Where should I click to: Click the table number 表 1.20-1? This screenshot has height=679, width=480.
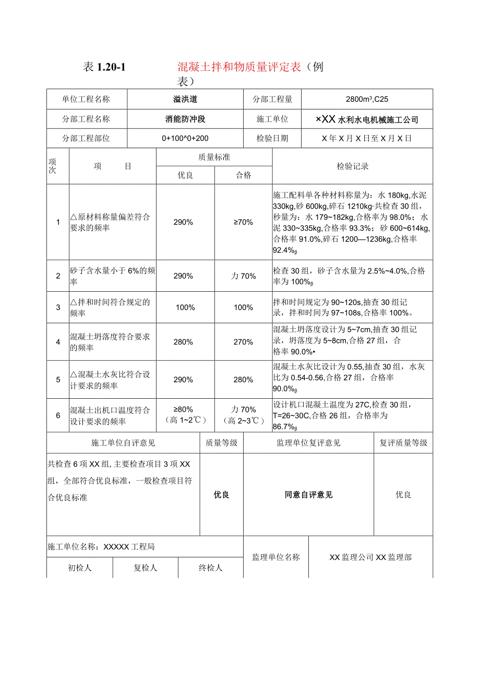tap(105, 67)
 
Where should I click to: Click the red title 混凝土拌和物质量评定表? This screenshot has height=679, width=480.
tap(239, 67)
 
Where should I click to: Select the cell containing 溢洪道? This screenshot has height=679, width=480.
tap(185, 99)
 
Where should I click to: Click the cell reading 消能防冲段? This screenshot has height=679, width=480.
tap(185, 119)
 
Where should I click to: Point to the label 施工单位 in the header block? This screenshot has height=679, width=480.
tap(272, 119)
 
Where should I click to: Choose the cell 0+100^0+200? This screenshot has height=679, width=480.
tap(185, 139)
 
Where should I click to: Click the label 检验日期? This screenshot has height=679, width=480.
tap(272, 139)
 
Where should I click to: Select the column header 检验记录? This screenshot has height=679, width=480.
tap(353, 166)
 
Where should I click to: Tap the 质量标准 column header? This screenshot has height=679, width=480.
tap(214, 157)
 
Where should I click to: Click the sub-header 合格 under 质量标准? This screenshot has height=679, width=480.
tap(243, 175)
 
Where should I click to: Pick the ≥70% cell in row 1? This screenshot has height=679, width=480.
tap(243, 222)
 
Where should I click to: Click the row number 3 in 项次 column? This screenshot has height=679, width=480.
tap(58, 307)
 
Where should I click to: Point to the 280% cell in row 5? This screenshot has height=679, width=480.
tap(243, 379)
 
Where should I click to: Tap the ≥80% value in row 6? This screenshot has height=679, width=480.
tap(185, 409)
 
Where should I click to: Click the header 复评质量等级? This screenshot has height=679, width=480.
tap(403, 443)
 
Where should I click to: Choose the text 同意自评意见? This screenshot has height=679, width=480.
tap(308, 495)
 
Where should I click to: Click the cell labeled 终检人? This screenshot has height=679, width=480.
tap(211, 568)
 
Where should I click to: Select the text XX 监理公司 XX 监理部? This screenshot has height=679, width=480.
tap(370, 557)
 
